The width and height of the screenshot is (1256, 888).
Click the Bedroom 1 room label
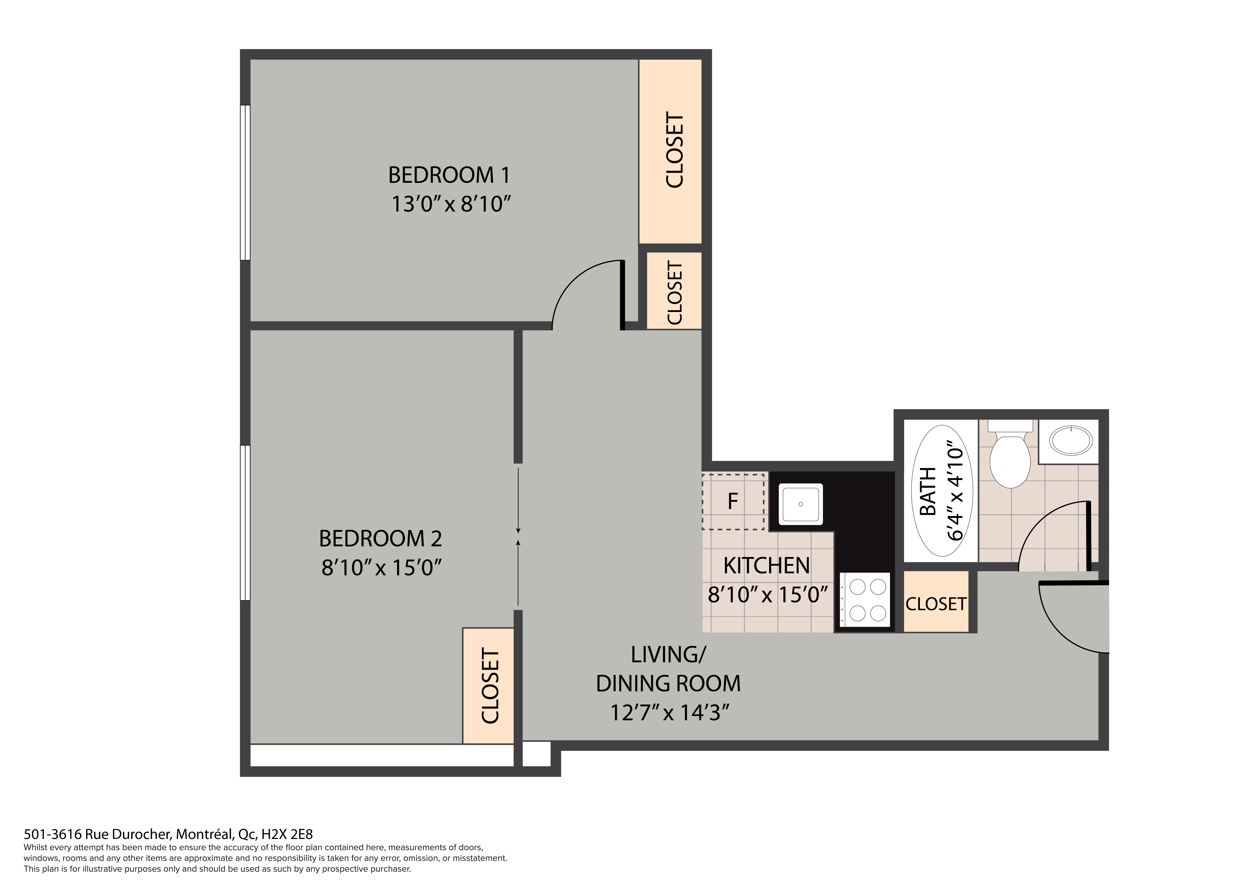[449, 175]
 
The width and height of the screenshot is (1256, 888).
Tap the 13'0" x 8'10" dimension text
[451, 204]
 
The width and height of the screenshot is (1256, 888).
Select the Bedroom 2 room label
[380, 539]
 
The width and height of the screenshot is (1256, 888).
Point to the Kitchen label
[766, 566]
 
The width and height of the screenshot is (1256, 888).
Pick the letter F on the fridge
[733, 501]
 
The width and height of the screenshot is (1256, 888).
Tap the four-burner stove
[865, 600]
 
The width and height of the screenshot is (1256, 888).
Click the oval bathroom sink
[1071, 441]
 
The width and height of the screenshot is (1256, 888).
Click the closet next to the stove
[936, 602]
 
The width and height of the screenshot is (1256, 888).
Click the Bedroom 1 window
[245, 183]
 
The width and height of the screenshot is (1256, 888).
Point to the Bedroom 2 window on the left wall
[245, 523]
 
